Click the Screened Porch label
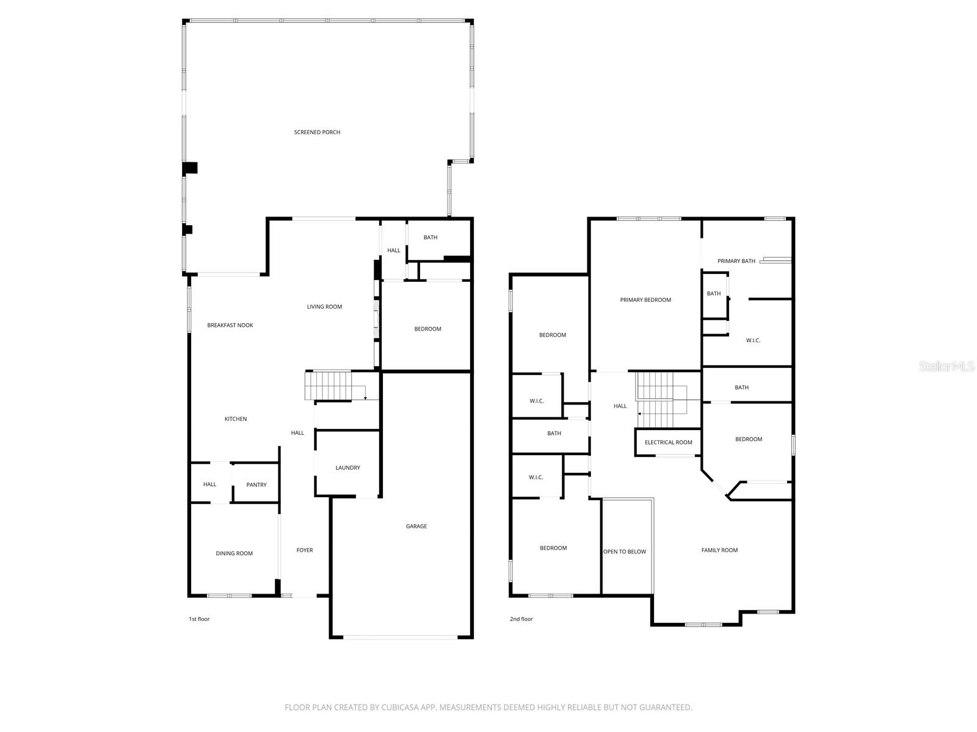[x=317, y=132]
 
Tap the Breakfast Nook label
[x=230, y=326]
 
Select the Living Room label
[x=324, y=307]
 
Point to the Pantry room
[x=256, y=485]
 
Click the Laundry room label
[x=347, y=468]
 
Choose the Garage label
[x=416, y=526]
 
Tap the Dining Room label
[x=234, y=554]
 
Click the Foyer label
[x=305, y=550]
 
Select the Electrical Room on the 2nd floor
[x=668, y=442]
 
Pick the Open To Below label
[x=625, y=552]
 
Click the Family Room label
[x=719, y=550]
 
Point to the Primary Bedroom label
[x=645, y=300]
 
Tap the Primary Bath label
[x=736, y=261]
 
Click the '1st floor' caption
[x=199, y=619]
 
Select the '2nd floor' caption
[x=521, y=619]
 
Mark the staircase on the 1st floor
[x=330, y=386]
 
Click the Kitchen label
[x=236, y=419]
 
